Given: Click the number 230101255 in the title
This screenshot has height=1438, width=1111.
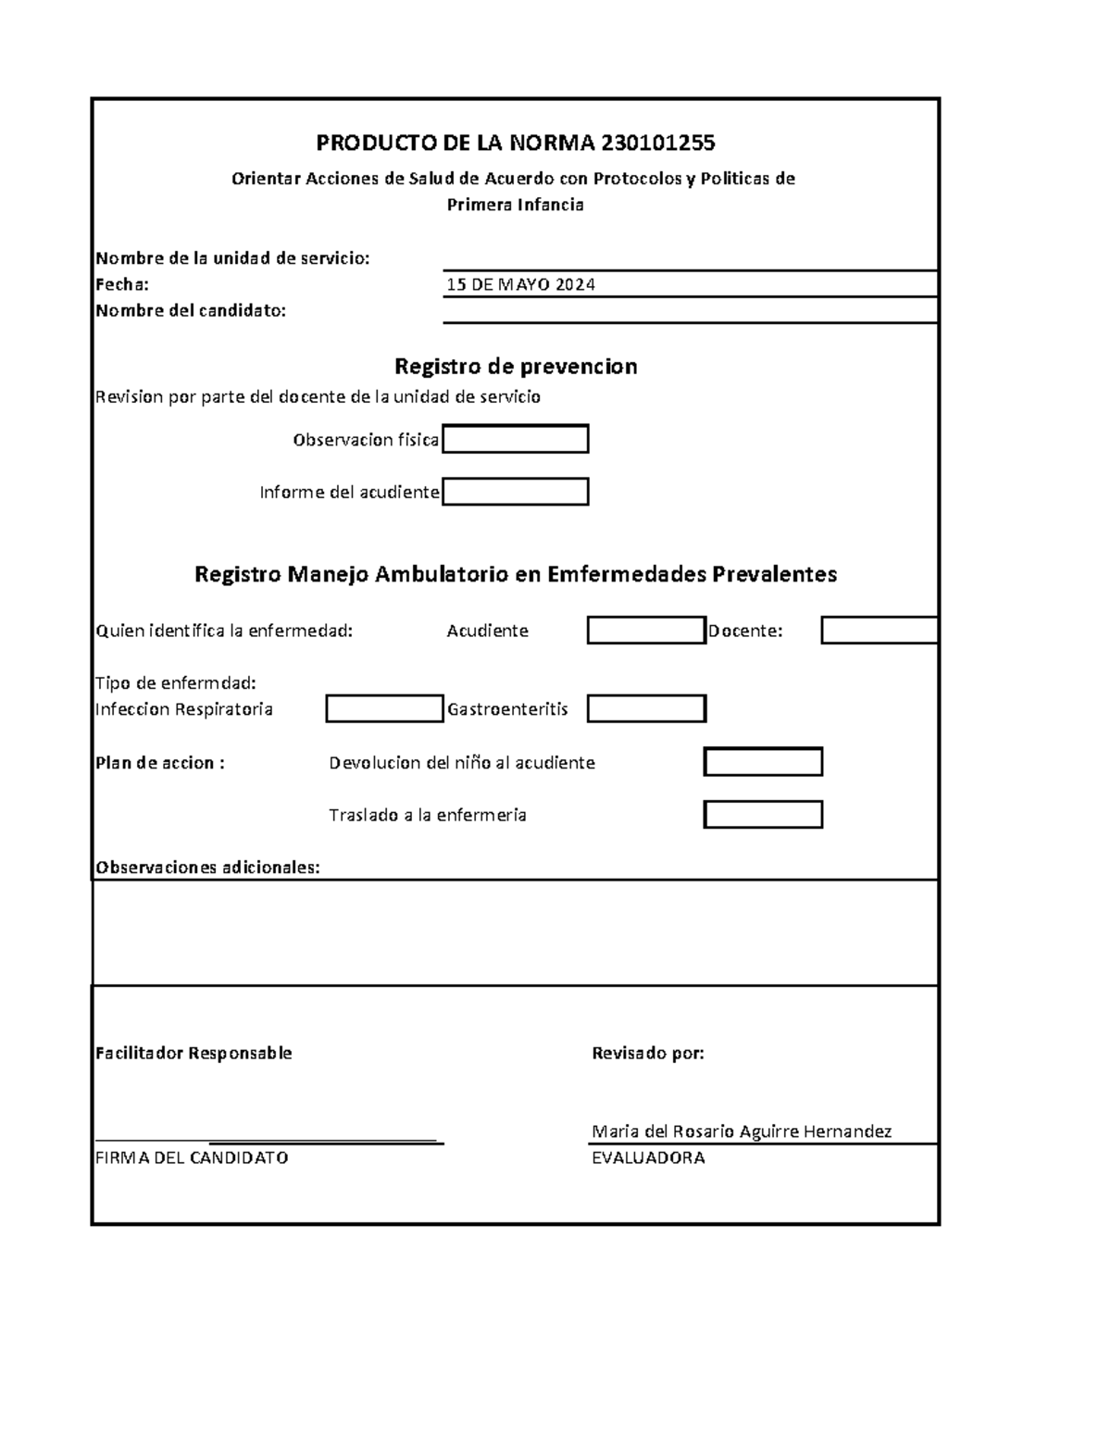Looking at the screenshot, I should [x=657, y=143].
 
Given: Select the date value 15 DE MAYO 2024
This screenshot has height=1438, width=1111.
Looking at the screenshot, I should [x=520, y=284].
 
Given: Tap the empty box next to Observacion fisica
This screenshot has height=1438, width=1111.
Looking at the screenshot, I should [x=516, y=439].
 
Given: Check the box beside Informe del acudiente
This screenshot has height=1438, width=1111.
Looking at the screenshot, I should [x=516, y=492].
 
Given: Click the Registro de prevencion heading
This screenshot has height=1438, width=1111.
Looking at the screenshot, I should [x=516, y=366].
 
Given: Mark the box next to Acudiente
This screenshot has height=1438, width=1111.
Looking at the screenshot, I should [x=646, y=631].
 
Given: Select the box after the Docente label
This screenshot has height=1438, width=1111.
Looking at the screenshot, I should [x=880, y=631].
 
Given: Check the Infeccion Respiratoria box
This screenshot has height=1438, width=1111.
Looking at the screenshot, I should [x=384, y=709].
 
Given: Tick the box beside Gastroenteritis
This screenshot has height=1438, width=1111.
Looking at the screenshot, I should [x=646, y=709].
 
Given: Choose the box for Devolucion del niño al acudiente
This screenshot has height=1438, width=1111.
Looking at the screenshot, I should [x=763, y=762].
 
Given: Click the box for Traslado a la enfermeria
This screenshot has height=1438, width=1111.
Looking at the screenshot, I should [x=763, y=815].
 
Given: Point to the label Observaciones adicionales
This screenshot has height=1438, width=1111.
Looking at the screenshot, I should [x=207, y=868].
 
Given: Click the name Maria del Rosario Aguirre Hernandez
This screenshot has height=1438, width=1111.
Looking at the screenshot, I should [x=742, y=1131].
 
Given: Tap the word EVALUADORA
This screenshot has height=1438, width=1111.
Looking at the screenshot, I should [x=648, y=1157].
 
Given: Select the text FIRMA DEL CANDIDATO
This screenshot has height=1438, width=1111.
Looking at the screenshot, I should [x=192, y=1157].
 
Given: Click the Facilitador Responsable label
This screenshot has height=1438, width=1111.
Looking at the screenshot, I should [x=193, y=1053].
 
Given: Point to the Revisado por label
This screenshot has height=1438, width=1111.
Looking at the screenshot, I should [x=648, y=1053].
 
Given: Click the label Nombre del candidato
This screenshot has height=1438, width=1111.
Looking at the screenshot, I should [x=191, y=311].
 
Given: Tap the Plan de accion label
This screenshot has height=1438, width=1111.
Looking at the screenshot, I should [x=160, y=763].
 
